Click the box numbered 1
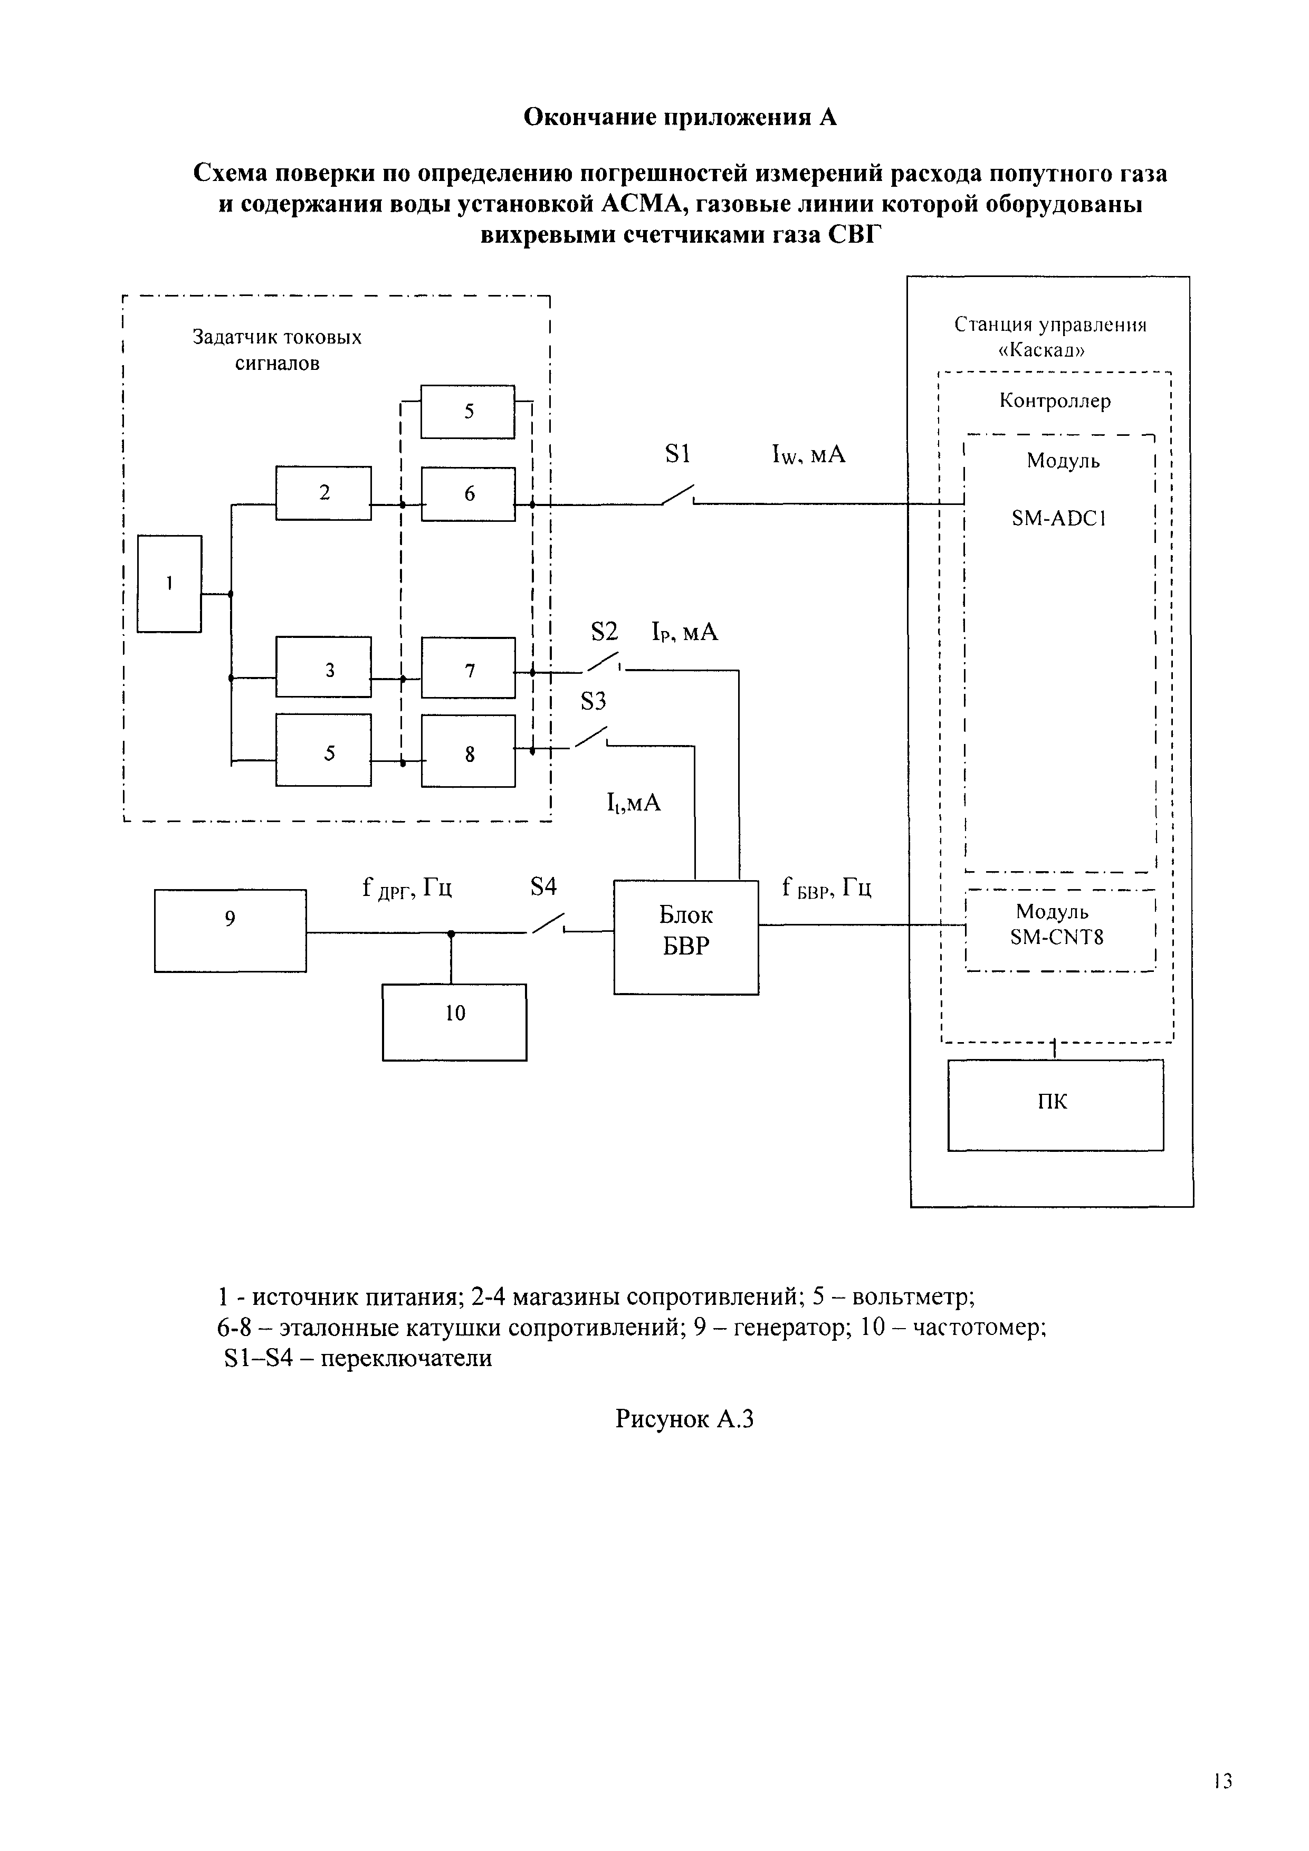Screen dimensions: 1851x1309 point(169,584)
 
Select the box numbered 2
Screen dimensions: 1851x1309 point(323,493)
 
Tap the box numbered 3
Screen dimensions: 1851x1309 point(323,667)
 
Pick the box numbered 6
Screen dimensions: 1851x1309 point(469,493)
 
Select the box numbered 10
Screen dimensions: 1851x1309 point(455,1022)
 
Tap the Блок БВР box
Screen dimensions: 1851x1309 point(686,937)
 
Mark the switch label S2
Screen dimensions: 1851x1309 point(604,632)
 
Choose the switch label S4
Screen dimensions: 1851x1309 point(543,887)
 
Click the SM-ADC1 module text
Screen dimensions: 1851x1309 point(1058,518)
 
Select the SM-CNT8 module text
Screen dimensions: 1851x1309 point(1057,937)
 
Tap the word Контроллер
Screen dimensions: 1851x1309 point(1055,400)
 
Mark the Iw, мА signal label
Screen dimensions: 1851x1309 point(808,455)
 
